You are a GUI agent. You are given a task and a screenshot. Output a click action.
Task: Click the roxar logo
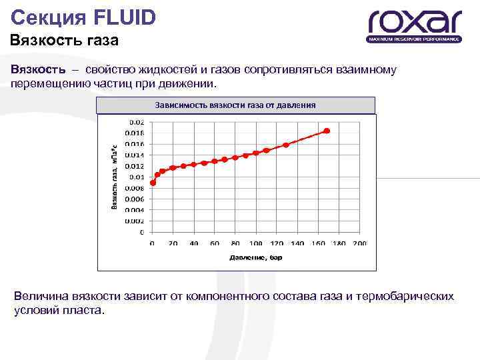click(415, 25)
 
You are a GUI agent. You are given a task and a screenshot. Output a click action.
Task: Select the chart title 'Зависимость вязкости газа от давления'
click(235, 105)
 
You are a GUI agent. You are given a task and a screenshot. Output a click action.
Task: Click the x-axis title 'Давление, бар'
click(256, 257)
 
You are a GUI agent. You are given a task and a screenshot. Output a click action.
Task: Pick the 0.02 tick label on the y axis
click(136, 122)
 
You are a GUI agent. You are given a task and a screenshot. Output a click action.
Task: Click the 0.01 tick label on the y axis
click(136, 177)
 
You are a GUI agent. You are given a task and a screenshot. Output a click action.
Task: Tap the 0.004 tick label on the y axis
click(135, 210)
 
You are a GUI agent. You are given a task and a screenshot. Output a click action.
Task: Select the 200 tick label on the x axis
click(360, 243)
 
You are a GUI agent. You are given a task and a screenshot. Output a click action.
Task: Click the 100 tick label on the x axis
click(256, 243)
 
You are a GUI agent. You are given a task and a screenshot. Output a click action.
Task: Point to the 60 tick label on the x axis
click(215, 243)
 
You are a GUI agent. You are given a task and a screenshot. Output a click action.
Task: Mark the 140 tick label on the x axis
click(297, 243)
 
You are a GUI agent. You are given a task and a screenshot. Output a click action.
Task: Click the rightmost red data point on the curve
click(326, 131)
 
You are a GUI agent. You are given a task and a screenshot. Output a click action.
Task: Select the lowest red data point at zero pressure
click(153, 183)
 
